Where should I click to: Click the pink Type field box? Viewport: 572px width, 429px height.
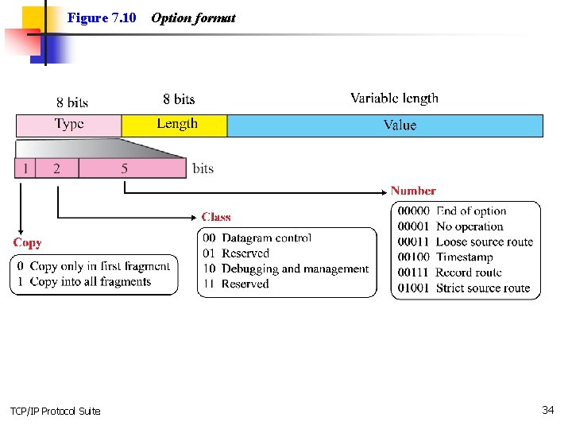click(69, 125)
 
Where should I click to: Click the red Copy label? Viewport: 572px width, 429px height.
click(27, 242)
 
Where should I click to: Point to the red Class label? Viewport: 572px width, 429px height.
click(216, 217)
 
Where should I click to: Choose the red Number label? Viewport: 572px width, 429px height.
click(413, 191)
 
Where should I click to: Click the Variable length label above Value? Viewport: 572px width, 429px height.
click(394, 99)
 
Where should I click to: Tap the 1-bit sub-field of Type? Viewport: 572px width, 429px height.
click(25, 168)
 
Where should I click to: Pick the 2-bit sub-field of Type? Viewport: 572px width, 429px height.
click(56, 168)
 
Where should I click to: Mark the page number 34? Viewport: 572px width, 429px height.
click(547, 410)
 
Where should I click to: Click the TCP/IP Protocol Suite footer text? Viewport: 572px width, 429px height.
click(56, 411)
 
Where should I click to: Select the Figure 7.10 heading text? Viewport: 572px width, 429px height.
click(102, 17)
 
